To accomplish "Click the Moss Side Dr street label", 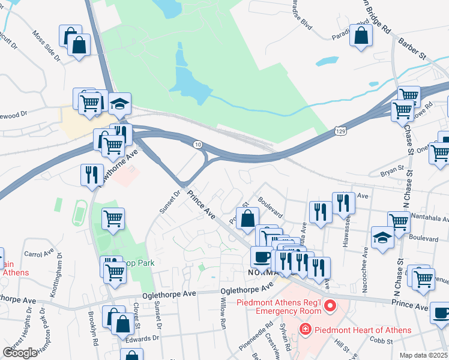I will click(46, 46).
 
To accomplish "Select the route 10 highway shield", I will click(197, 145).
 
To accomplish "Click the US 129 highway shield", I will click(340, 130).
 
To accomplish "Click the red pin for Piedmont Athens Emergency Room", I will click(329, 307).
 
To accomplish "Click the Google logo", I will click(19, 353).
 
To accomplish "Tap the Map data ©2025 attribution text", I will click(423, 355).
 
